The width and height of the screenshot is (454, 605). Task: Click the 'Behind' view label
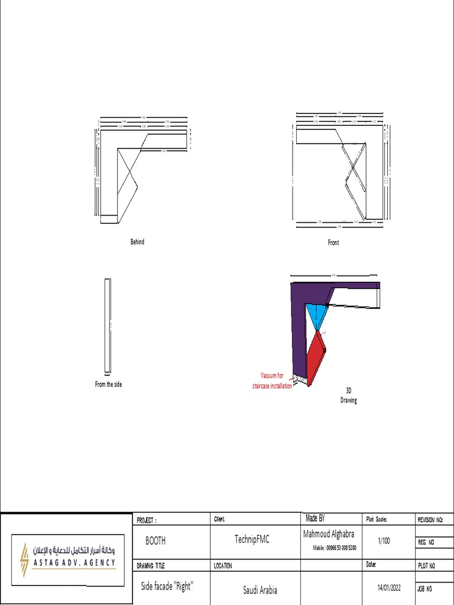(137, 242)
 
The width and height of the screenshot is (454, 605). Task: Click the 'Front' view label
(333, 242)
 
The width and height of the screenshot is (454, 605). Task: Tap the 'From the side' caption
(109, 384)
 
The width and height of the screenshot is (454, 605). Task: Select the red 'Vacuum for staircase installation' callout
(272, 380)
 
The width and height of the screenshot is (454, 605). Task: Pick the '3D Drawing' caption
(349, 395)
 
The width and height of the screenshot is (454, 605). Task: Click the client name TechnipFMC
(252, 539)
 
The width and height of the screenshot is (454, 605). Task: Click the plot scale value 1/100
(383, 541)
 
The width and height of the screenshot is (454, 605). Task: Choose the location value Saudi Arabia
(260, 590)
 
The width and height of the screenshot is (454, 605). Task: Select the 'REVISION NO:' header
(431, 520)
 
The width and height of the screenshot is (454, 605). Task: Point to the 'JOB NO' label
(426, 589)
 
